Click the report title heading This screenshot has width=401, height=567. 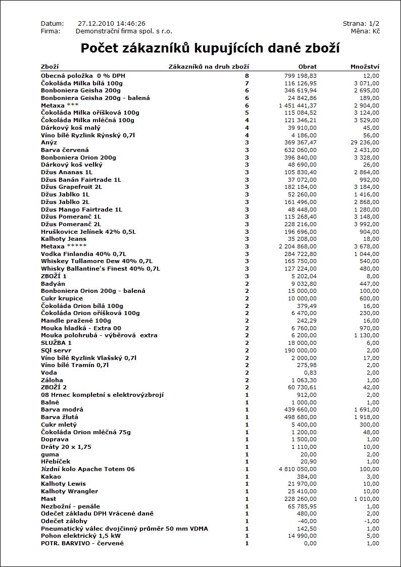pos(210,48)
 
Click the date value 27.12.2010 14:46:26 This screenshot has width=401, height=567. pos(112,24)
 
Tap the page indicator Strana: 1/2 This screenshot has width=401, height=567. pos(361,24)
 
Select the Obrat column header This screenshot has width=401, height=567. pos(308,67)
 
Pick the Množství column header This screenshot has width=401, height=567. pos(365,67)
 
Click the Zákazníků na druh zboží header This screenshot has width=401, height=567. pos(208,67)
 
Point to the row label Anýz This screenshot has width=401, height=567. pos(49,143)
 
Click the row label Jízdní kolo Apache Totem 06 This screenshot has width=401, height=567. pos(88,469)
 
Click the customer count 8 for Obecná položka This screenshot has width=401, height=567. pos(247,75)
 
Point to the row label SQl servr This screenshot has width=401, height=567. pos(56,350)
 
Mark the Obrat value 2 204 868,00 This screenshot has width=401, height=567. pos(297,246)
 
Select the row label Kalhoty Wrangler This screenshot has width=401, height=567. pos(70,491)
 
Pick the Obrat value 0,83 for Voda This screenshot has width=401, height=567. pos(311,373)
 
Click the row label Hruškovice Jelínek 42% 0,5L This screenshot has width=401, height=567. pos(88,232)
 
